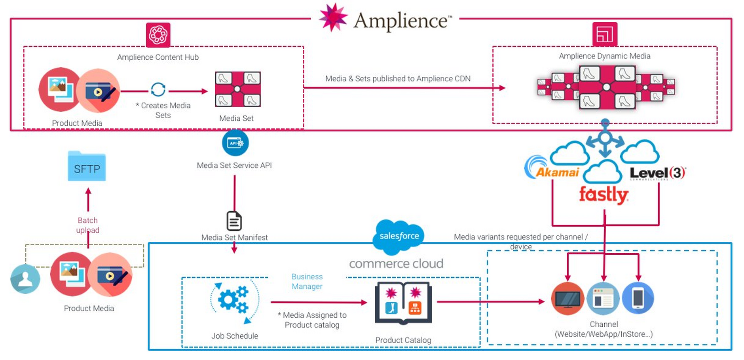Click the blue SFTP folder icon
pyautogui.click(x=87, y=167)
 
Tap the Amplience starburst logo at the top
pyautogui.click(x=333, y=17)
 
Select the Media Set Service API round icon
pyautogui.click(x=235, y=143)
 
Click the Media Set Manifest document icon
pyautogui.click(x=234, y=221)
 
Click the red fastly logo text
pyautogui.click(x=603, y=195)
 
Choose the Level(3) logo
pyautogui.click(x=657, y=173)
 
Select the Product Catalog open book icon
pyautogui.click(x=403, y=303)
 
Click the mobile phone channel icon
pyautogui.click(x=638, y=298)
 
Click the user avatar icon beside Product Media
pyautogui.click(x=25, y=279)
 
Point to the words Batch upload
pyautogui.click(x=87, y=225)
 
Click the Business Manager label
pyautogui.click(x=307, y=281)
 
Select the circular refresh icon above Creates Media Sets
pyautogui.click(x=158, y=89)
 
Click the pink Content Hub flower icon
pyautogui.click(x=158, y=35)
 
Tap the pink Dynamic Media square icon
pyautogui.click(x=604, y=34)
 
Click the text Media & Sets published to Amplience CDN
pyautogui.click(x=398, y=78)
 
